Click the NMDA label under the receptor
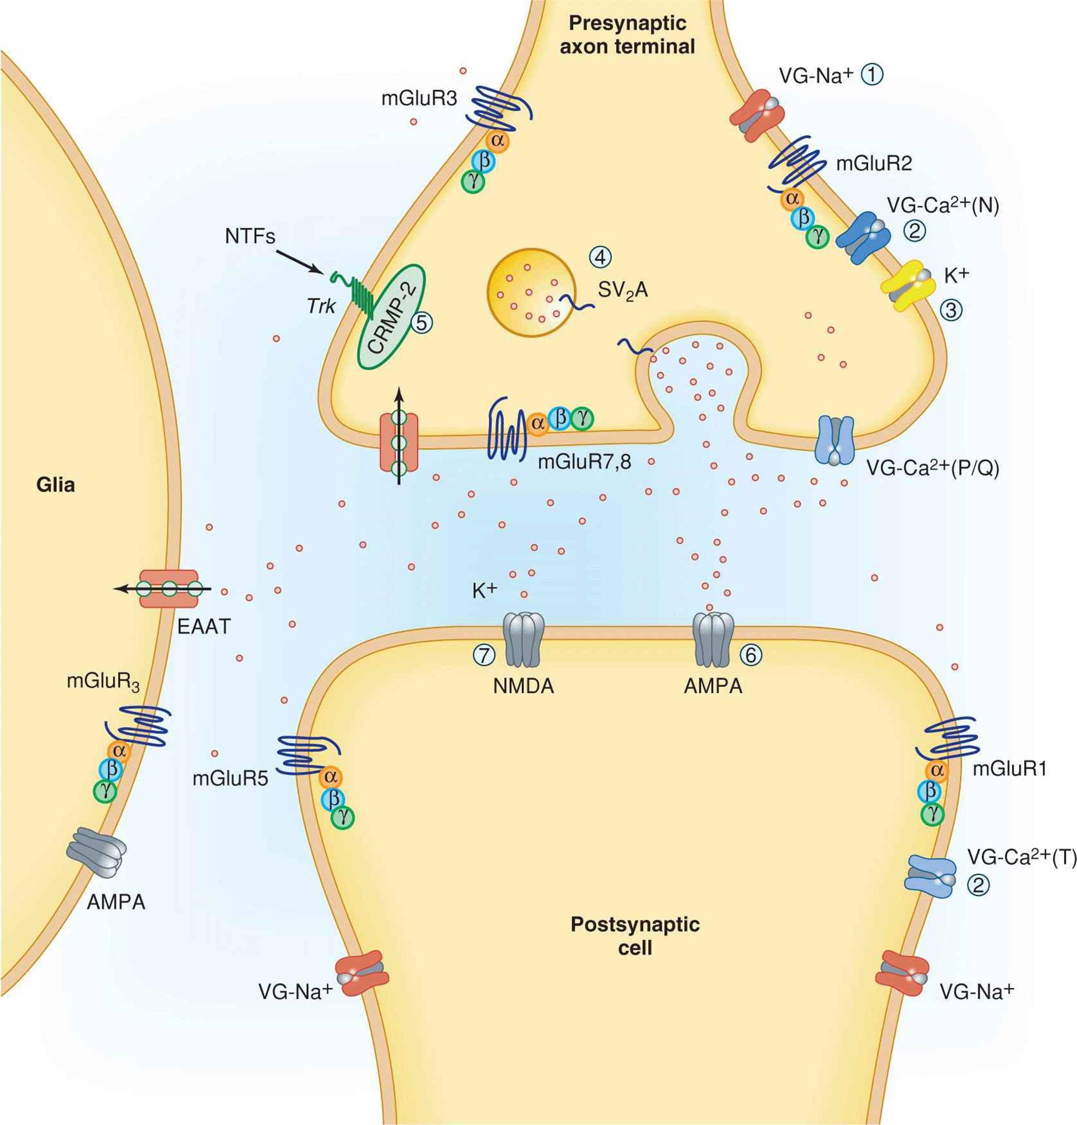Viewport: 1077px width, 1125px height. (x=523, y=686)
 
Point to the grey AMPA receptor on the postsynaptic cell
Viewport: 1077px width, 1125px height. (x=714, y=639)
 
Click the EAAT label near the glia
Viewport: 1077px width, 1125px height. (x=204, y=626)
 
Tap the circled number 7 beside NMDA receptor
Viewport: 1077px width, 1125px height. (x=484, y=654)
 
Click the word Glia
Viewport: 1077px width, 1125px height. (x=56, y=485)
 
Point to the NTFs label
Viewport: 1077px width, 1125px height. (x=250, y=236)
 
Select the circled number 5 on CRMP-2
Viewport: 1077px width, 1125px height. (x=422, y=323)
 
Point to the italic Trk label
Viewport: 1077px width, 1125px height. (x=321, y=306)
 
